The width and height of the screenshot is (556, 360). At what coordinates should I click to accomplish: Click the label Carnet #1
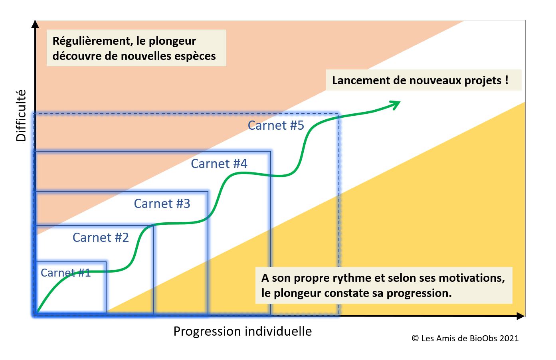(x=65, y=273)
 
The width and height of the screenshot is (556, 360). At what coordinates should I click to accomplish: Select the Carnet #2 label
(x=101, y=237)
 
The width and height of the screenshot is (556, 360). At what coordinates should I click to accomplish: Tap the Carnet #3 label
(x=162, y=203)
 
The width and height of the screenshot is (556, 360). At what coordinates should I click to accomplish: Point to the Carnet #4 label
(x=219, y=163)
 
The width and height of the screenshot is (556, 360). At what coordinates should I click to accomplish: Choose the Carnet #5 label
(x=276, y=125)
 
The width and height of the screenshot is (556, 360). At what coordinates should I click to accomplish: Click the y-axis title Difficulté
(x=21, y=115)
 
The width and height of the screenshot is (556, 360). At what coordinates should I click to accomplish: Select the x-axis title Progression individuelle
(x=243, y=331)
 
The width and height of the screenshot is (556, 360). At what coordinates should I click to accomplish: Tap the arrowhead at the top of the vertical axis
(x=35, y=24)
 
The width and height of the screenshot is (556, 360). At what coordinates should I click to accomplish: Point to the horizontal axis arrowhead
(x=521, y=316)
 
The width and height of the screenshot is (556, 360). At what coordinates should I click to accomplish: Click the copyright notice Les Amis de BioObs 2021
(x=465, y=338)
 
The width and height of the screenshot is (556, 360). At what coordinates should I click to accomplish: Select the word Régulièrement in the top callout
(x=92, y=41)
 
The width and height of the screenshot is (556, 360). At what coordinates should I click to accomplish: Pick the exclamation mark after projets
(x=507, y=80)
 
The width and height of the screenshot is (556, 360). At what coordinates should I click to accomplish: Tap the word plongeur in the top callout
(x=172, y=42)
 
